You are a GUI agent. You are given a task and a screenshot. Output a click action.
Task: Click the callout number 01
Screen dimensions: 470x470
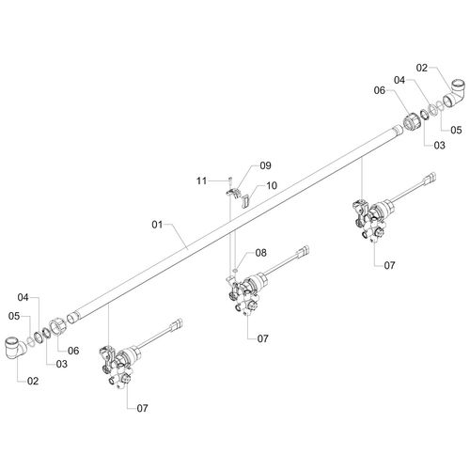[x=157, y=225]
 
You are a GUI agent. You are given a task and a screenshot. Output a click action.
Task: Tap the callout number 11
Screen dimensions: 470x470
[x=201, y=180]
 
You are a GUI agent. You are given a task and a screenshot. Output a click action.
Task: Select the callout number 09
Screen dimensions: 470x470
[x=265, y=165]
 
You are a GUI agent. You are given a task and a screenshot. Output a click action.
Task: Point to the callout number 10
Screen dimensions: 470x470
[x=272, y=185]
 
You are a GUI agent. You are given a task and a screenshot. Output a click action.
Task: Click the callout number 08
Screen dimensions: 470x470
[x=260, y=253]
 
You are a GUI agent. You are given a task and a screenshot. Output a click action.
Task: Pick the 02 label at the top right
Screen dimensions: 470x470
[x=422, y=68]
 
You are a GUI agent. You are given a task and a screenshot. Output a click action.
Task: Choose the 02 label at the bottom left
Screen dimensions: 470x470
[x=33, y=381]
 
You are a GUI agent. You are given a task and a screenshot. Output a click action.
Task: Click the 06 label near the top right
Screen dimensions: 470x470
[x=380, y=90]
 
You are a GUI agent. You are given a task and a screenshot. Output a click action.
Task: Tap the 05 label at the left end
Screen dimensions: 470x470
[x=14, y=316]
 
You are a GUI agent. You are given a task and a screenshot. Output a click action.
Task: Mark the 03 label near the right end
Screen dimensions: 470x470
[x=439, y=145]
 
